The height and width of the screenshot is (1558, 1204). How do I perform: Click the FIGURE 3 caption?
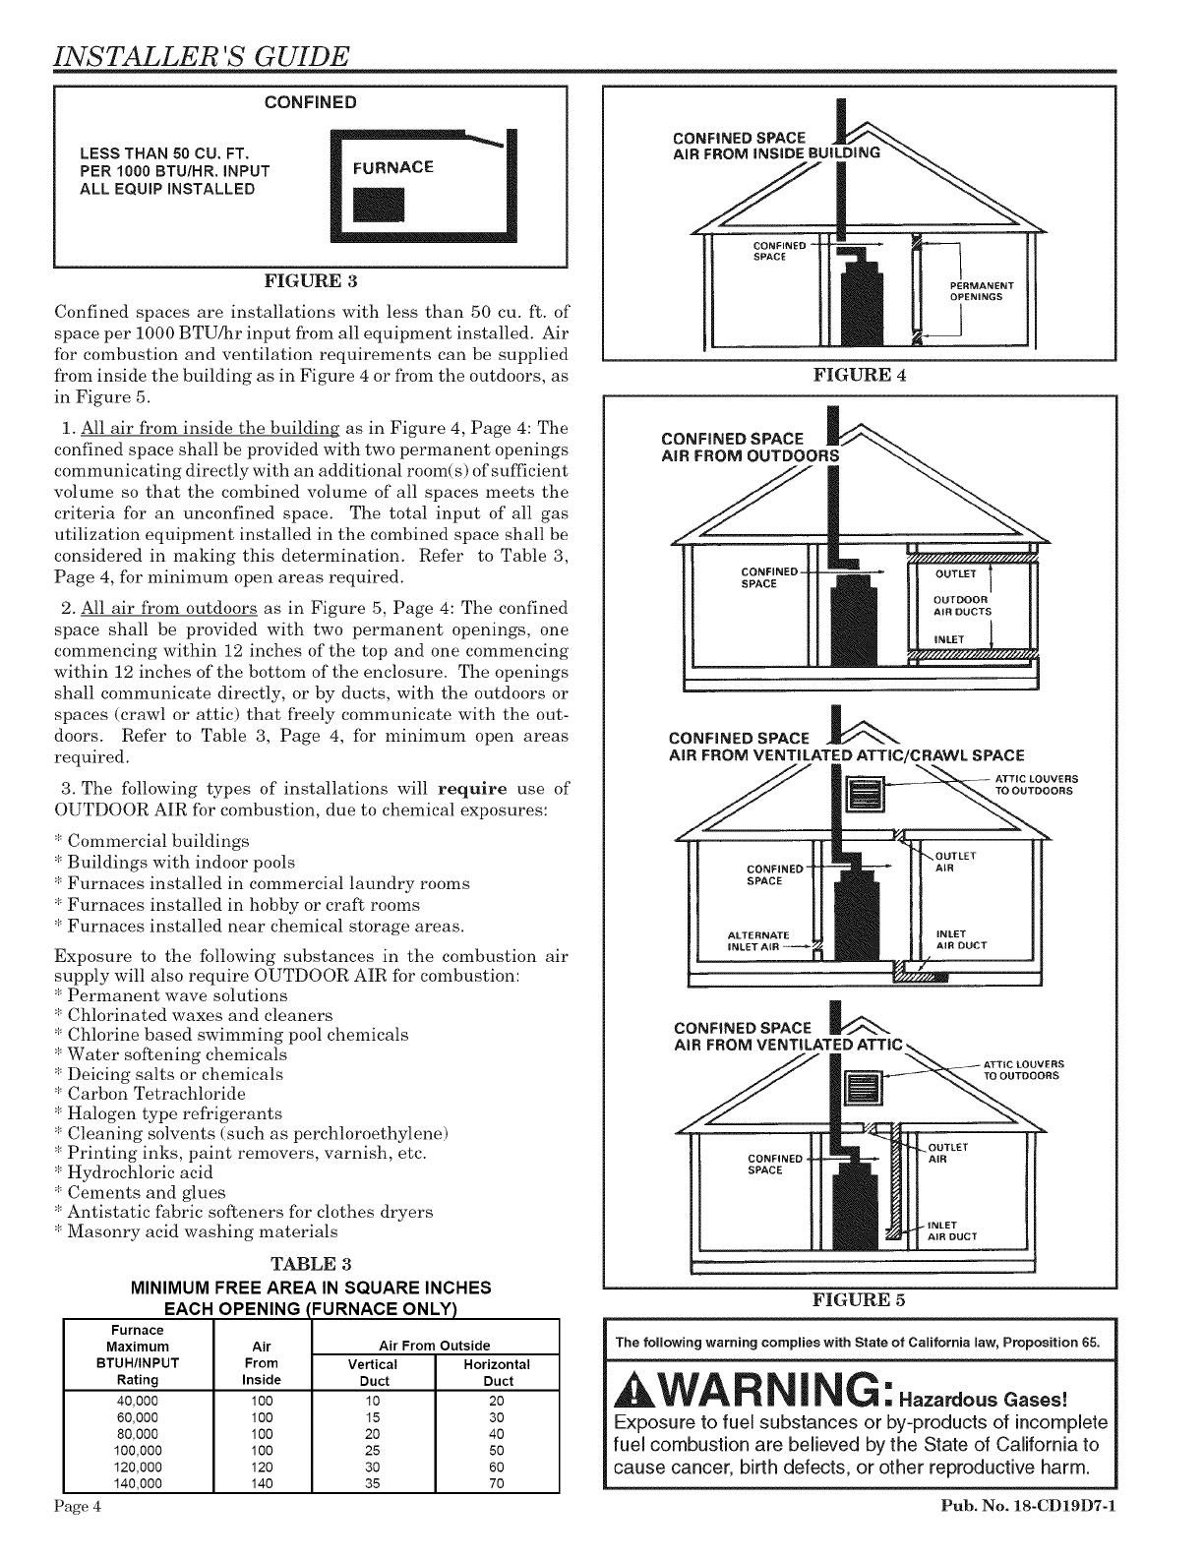point(310,285)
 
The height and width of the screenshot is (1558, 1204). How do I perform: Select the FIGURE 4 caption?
point(860,375)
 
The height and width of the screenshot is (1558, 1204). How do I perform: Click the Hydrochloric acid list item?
point(135,1172)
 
